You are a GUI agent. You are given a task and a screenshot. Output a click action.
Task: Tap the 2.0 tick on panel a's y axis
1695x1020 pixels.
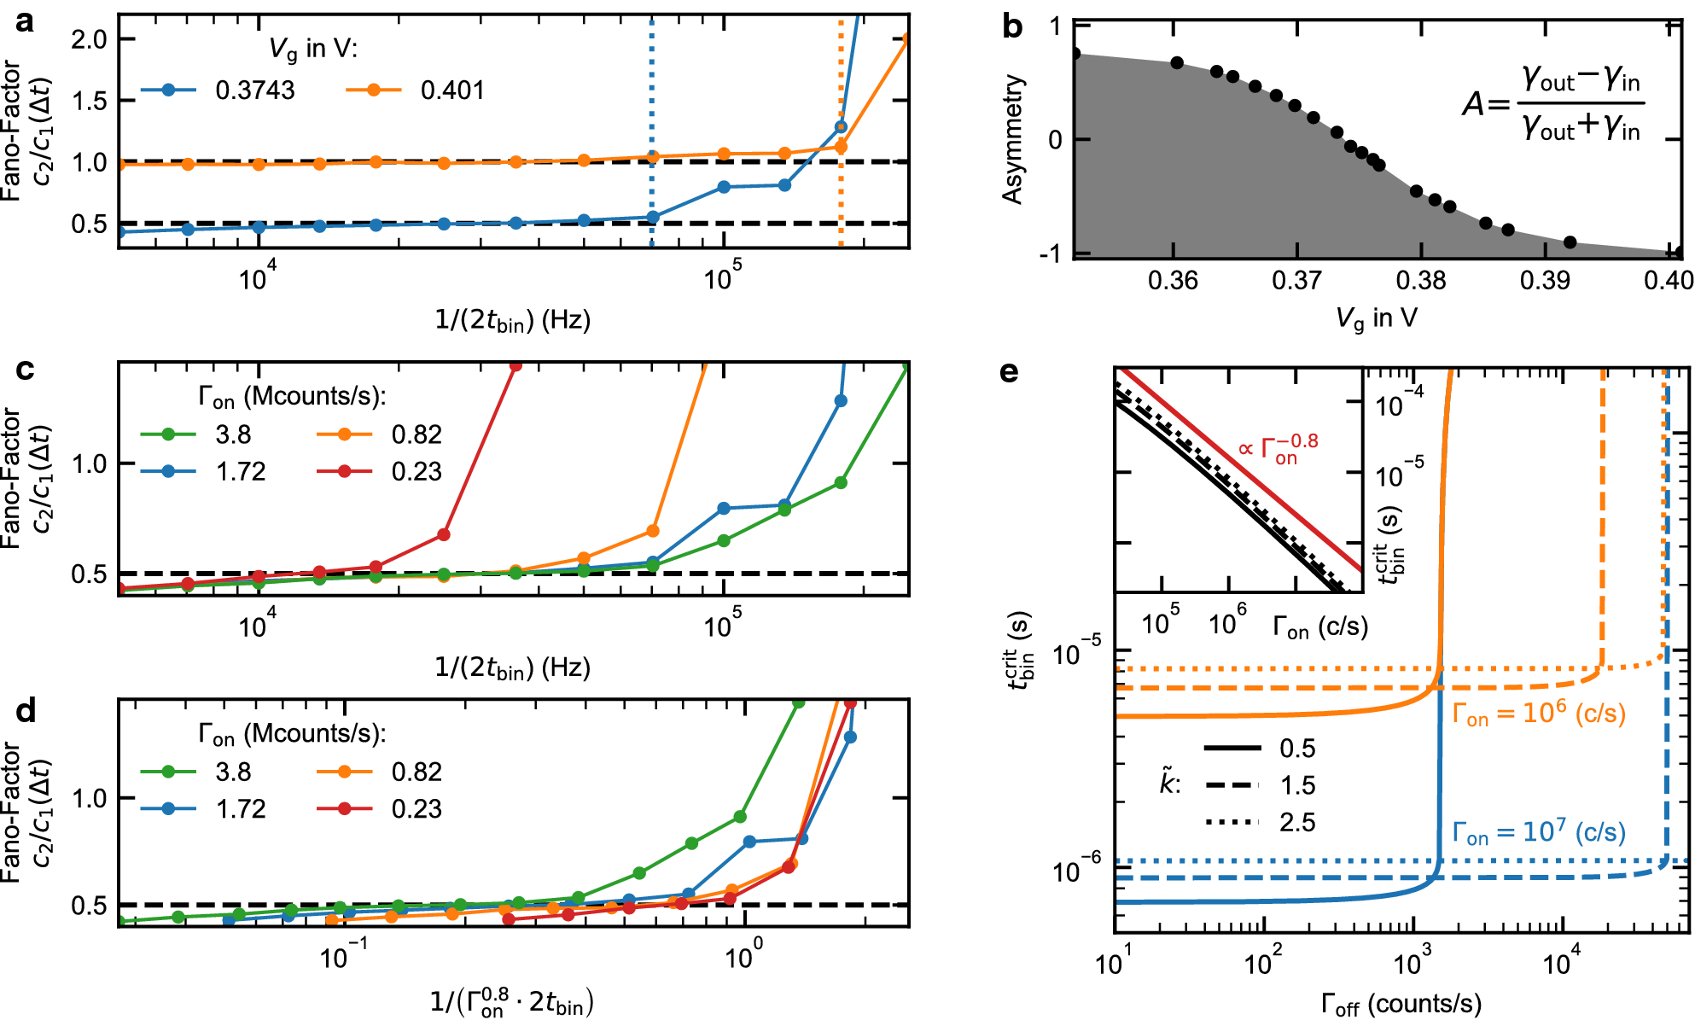click(89, 39)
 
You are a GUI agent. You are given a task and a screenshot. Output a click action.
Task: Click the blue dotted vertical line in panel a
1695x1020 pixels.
click(652, 102)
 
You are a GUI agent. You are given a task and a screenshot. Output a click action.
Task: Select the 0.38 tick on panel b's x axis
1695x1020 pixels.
click(1420, 280)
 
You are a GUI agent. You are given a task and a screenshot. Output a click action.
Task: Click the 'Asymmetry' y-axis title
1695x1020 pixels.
click(1013, 139)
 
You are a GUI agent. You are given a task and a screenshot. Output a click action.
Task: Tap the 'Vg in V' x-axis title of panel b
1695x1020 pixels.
click(1376, 318)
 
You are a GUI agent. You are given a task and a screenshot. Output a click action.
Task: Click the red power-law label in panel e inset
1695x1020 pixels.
click(1278, 448)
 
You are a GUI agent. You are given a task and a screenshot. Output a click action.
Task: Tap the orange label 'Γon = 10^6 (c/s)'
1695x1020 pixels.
click(1538, 714)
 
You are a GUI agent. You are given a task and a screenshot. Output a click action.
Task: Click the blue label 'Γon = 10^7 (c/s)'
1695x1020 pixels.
click(1538, 832)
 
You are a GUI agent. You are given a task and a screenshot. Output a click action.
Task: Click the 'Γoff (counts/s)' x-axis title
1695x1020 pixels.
click(1401, 1004)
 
